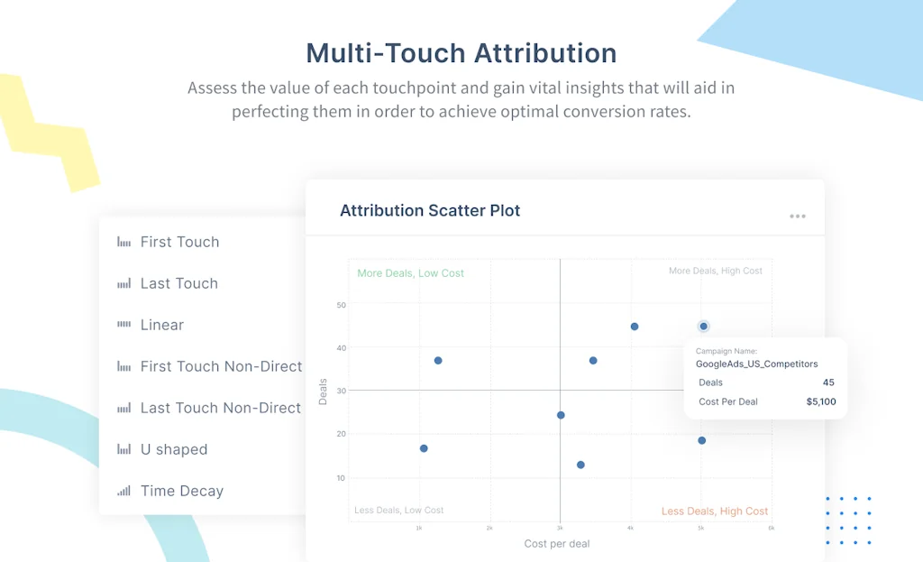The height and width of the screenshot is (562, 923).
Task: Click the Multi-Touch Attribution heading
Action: (x=461, y=53)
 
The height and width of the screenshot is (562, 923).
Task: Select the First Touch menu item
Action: (x=179, y=242)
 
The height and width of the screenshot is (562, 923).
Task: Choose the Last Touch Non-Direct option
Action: (x=220, y=408)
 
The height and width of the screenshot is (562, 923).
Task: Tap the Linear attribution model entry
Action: (x=162, y=325)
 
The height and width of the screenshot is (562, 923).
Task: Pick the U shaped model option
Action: (x=174, y=449)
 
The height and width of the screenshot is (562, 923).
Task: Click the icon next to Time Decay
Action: (x=123, y=491)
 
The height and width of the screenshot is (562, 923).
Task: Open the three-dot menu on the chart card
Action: (x=797, y=217)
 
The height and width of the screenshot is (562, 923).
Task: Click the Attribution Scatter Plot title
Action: (x=430, y=211)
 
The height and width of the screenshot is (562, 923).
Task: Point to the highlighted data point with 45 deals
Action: (x=703, y=327)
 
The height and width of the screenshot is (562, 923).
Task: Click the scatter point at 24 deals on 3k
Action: (x=561, y=415)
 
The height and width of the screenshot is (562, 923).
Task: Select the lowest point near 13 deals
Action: (x=580, y=465)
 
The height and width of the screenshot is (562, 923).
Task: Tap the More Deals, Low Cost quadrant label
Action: (x=410, y=272)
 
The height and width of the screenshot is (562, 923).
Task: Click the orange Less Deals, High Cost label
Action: (x=715, y=511)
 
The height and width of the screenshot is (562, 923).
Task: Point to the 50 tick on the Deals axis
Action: (x=341, y=306)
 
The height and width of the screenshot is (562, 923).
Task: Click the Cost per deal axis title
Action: (x=557, y=544)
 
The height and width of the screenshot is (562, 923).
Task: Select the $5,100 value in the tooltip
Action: (x=820, y=401)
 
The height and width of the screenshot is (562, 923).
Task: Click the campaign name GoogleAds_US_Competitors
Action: (x=756, y=364)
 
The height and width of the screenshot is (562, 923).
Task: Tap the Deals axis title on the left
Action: (x=323, y=391)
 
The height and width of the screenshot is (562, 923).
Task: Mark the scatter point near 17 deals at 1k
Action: (x=424, y=448)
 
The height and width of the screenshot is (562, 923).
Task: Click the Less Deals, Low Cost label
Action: (x=399, y=511)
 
